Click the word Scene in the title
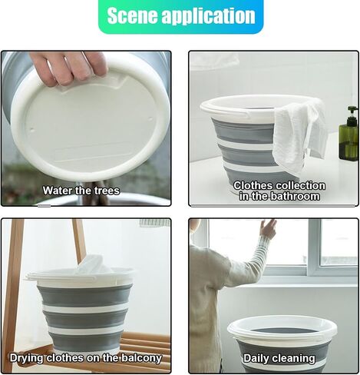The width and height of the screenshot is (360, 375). click(132, 15)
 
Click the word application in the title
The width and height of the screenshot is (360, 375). click(208, 17)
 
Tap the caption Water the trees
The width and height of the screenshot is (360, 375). click(81, 191)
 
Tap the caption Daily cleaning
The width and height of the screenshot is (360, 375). click(279, 358)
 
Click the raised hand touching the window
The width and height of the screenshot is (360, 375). click(268, 227)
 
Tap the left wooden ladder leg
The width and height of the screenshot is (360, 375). click(12, 294)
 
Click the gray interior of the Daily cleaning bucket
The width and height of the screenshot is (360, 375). click(282, 330)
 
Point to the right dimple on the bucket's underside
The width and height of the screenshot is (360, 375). click(150, 119)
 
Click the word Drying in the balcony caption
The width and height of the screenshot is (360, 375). click(26, 358)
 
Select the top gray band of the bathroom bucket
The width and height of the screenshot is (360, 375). click(243, 130)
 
